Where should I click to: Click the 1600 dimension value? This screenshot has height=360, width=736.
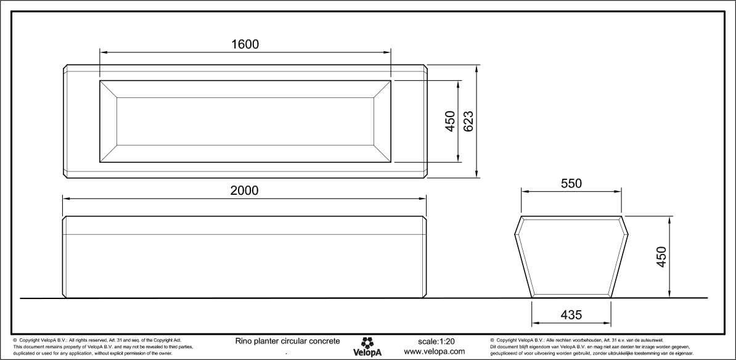pyautogui.click(x=245, y=44)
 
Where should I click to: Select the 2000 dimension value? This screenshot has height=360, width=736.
pyautogui.click(x=245, y=190)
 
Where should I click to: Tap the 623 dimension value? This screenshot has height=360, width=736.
pyautogui.click(x=468, y=121)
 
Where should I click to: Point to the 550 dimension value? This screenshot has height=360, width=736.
pyautogui.click(x=571, y=184)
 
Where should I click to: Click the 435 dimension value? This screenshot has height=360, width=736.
pyautogui.click(x=571, y=314)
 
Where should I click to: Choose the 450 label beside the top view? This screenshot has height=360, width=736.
pyautogui.click(x=450, y=121)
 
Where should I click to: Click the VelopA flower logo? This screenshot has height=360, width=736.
pyautogui.click(x=367, y=342)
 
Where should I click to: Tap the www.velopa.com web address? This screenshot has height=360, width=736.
pyautogui.click(x=434, y=351)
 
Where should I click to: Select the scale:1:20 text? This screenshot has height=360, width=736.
pyautogui.click(x=436, y=341)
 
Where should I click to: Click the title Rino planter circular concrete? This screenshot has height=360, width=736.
pyautogui.click(x=287, y=341)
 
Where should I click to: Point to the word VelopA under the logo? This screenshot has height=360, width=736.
pyautogui.click(x=367, y=353)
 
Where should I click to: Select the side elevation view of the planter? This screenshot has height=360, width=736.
pyautogui.click(x=245, y=257)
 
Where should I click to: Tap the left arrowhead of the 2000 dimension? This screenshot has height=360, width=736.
pyautogui.click(x=66, y=198)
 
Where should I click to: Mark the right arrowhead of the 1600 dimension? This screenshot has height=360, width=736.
pyautogui.click(x=388, y=52)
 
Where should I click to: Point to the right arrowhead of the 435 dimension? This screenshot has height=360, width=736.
pyautogui.click(x=608, y=322)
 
